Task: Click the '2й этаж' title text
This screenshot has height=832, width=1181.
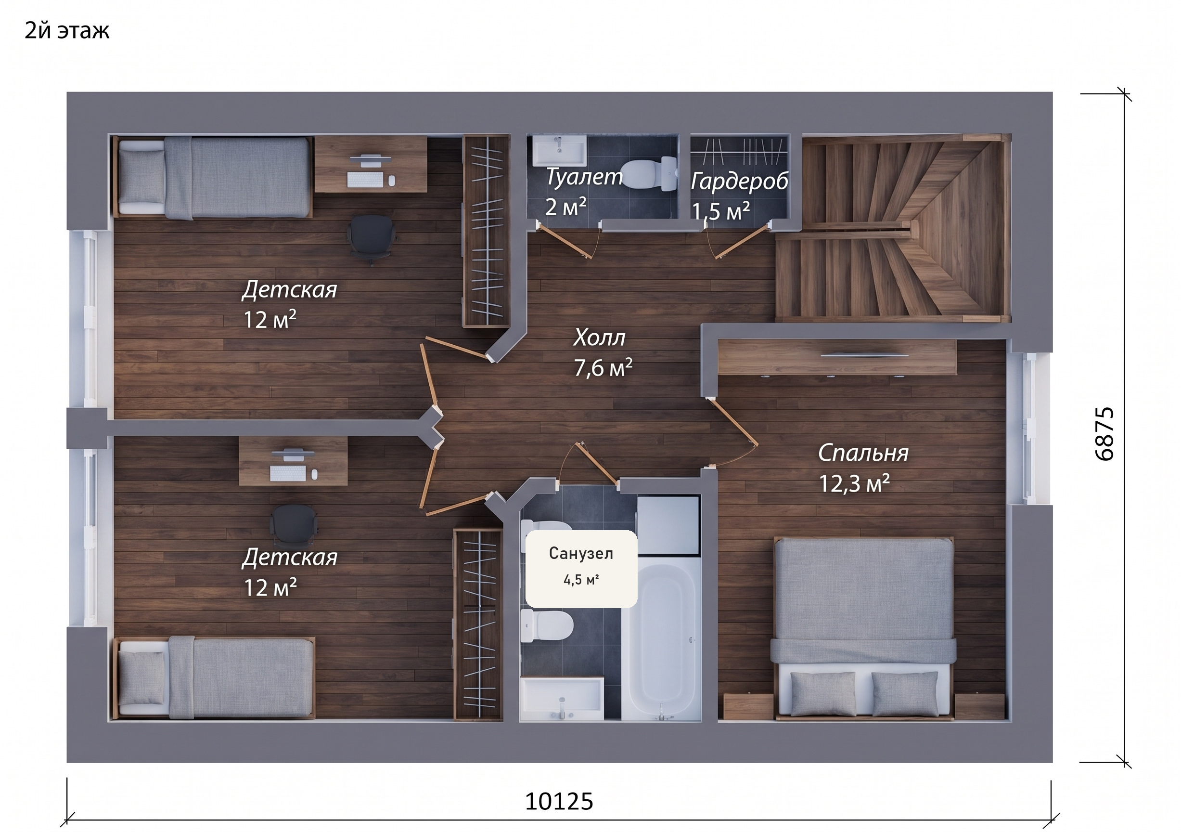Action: pos(67,31)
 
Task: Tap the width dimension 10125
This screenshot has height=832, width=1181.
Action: pos(559,801)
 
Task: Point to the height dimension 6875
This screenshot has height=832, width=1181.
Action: pos(1104,434)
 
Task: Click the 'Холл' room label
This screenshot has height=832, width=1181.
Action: pos(599,338)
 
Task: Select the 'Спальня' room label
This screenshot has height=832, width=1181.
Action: pos(863,453)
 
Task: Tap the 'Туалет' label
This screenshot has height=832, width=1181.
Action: pos(584,177)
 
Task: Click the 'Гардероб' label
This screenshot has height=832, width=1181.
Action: pos(739,181)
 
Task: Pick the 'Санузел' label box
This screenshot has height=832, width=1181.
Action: pos(581,569)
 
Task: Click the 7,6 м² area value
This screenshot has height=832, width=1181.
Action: pos(603,368)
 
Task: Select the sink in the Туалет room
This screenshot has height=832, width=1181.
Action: pos(559,151)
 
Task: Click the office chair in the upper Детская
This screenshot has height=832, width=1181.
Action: pos(372,238)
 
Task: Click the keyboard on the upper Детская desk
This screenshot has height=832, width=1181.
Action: pos(365,180)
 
